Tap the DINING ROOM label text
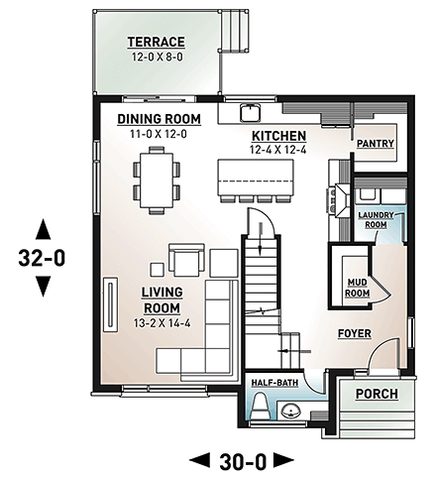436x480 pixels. pyautogui.click(x=159, y=119)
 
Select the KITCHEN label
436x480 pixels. pyautogui.click(x=277, y=135)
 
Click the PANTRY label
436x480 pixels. pyautogui.click(x=377, y=144)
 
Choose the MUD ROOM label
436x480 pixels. pyautogui.click(x=357, y=288)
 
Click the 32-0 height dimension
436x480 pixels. pyautogui.click(x=43, y=259)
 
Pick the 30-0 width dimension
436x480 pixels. pyautogui.click(x=242, y=459)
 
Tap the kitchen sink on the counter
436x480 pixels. pyautogui.click(x=254, y=110)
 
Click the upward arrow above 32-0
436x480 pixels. pyautogui.click(x=43, y=229)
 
